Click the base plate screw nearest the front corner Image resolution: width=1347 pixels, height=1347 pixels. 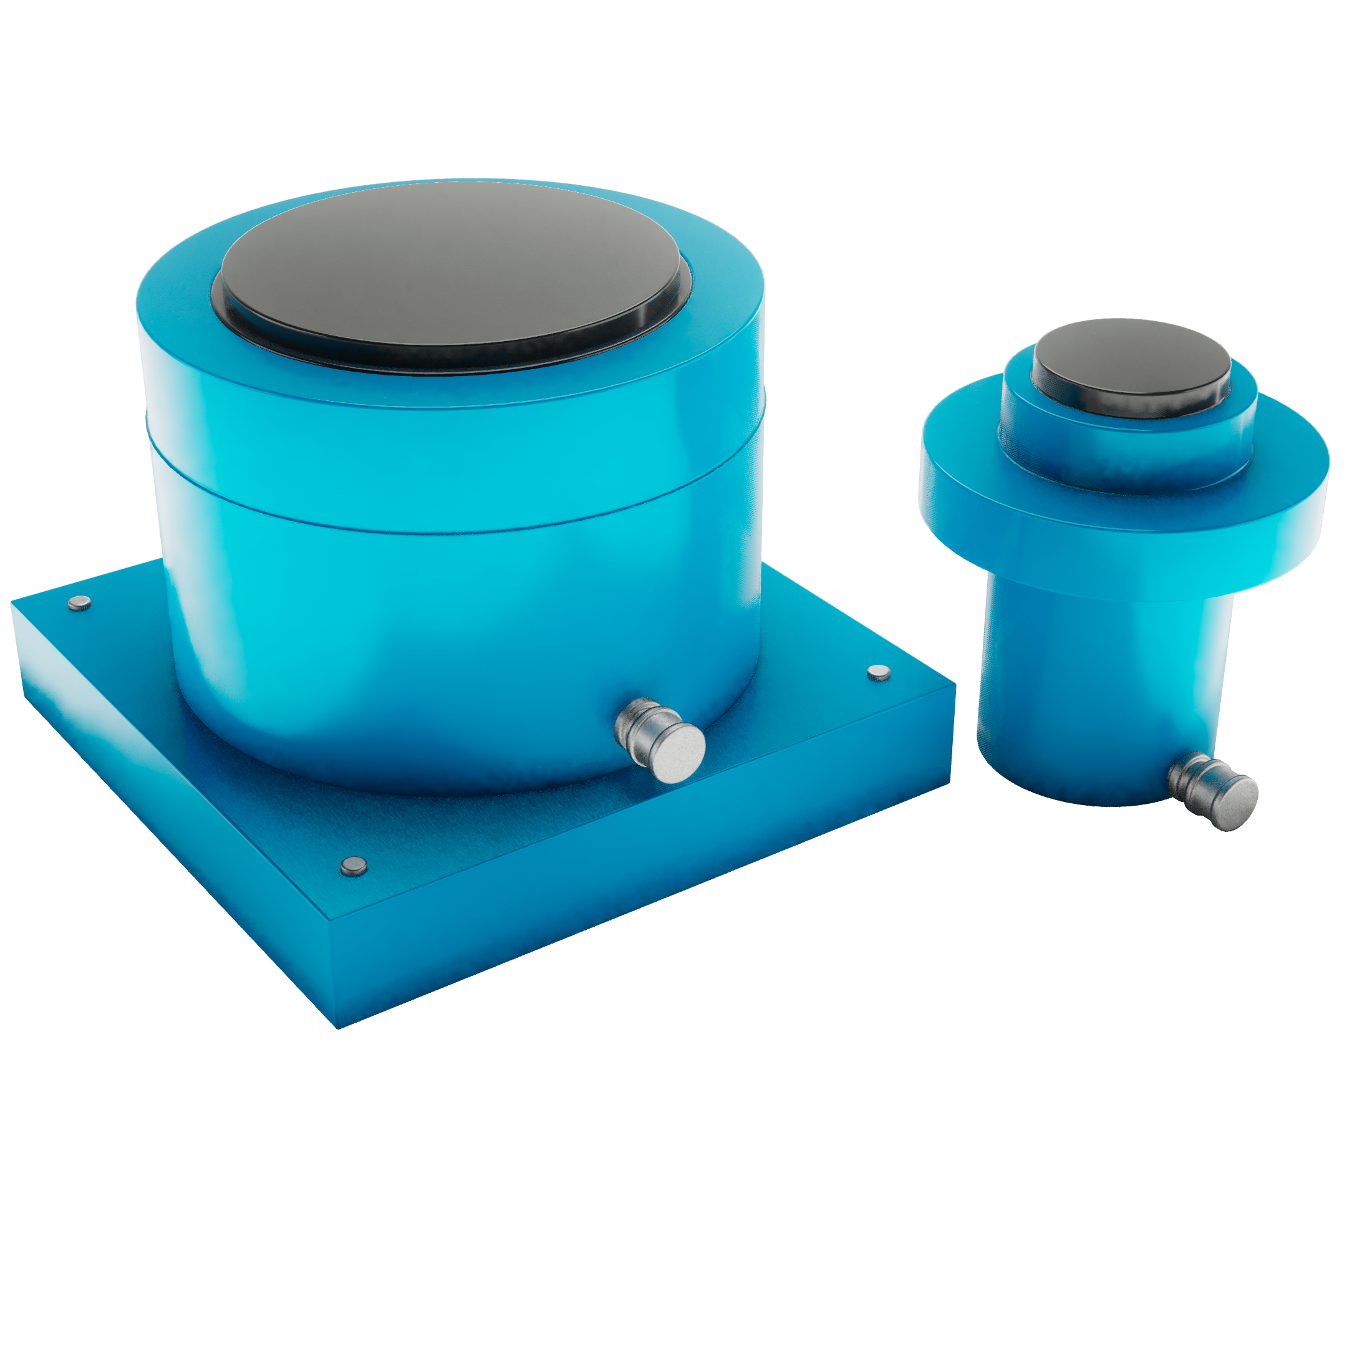click(354, 866)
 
